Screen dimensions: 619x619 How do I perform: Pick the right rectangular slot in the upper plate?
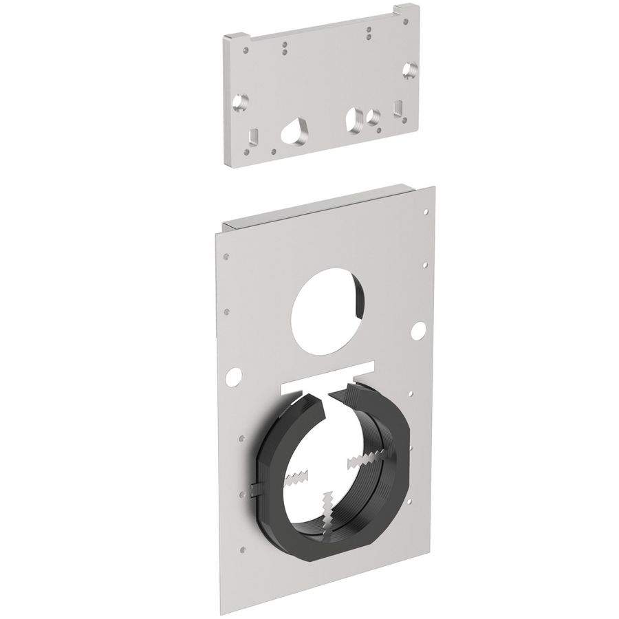tap(398, 109)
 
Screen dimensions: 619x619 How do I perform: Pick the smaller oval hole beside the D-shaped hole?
tap(373, 117)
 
